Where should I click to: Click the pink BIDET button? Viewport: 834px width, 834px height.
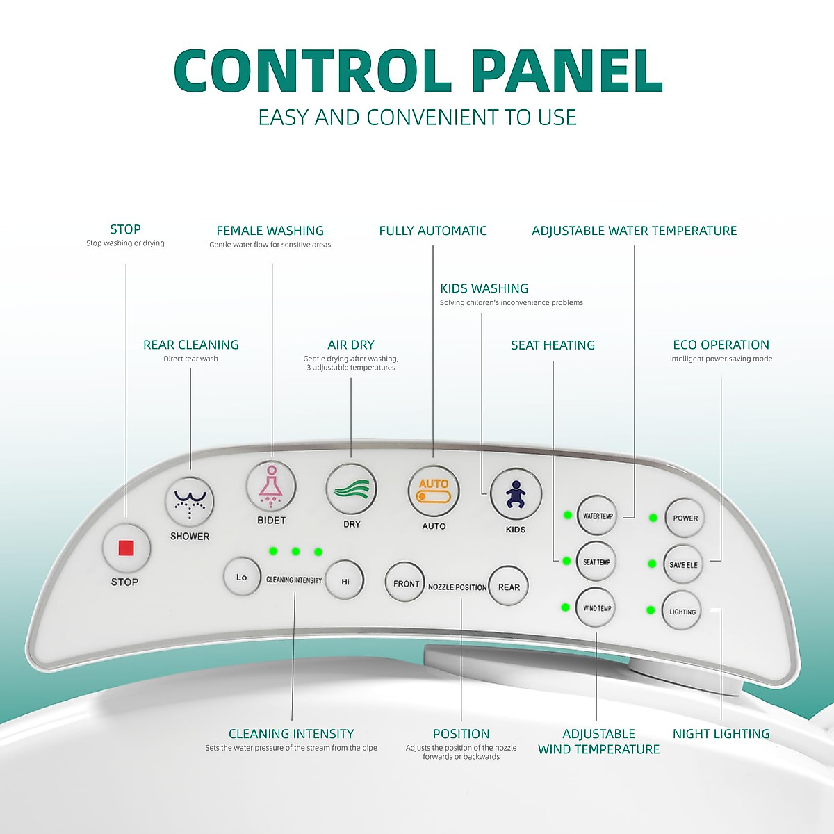coord(271,486)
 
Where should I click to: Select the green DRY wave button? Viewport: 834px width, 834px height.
coord(352,489)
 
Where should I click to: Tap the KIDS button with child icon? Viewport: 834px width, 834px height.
coord(515,494)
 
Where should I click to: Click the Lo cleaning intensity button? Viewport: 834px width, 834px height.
coord(241,577)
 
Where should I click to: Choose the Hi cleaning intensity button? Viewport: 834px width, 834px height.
coord(345,581)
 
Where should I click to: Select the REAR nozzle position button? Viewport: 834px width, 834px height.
coord(509,587)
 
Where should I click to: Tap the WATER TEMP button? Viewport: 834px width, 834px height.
coord(597,516)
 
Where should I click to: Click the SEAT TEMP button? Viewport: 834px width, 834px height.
coord(596,562)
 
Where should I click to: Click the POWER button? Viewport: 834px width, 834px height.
coord(685,518)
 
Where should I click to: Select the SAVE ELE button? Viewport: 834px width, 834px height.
coord(682,564)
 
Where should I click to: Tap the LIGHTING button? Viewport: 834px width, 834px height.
coord(682,612)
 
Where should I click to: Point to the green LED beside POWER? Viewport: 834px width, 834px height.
coord(653,518)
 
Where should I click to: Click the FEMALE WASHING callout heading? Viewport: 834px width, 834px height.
coord(270,231)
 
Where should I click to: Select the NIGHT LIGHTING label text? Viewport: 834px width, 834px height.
coord(721,734)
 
